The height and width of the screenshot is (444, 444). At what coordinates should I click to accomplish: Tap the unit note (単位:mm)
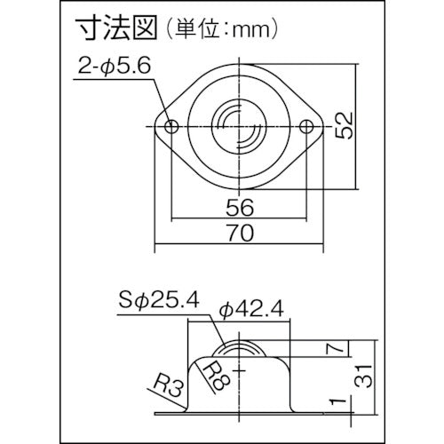221,29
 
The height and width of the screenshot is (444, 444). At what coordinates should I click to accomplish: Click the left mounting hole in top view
171,127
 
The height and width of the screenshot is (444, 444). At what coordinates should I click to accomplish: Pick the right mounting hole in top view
306,127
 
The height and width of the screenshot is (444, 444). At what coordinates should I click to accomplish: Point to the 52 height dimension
345,125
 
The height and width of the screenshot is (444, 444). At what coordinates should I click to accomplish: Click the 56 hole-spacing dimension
240,207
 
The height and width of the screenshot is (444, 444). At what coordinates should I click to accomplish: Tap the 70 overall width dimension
241,233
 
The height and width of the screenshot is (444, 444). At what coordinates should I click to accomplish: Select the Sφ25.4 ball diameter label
159,300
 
